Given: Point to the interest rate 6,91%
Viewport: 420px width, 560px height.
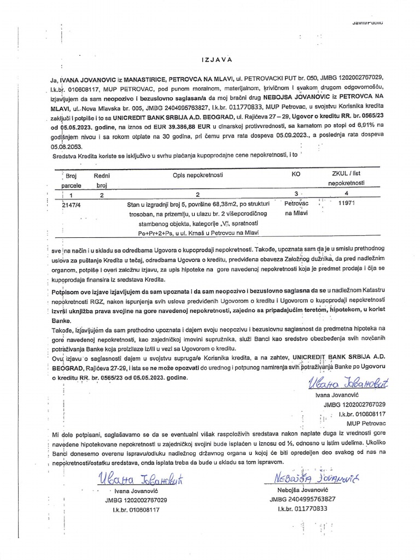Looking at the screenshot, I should click(x=336, y=125).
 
